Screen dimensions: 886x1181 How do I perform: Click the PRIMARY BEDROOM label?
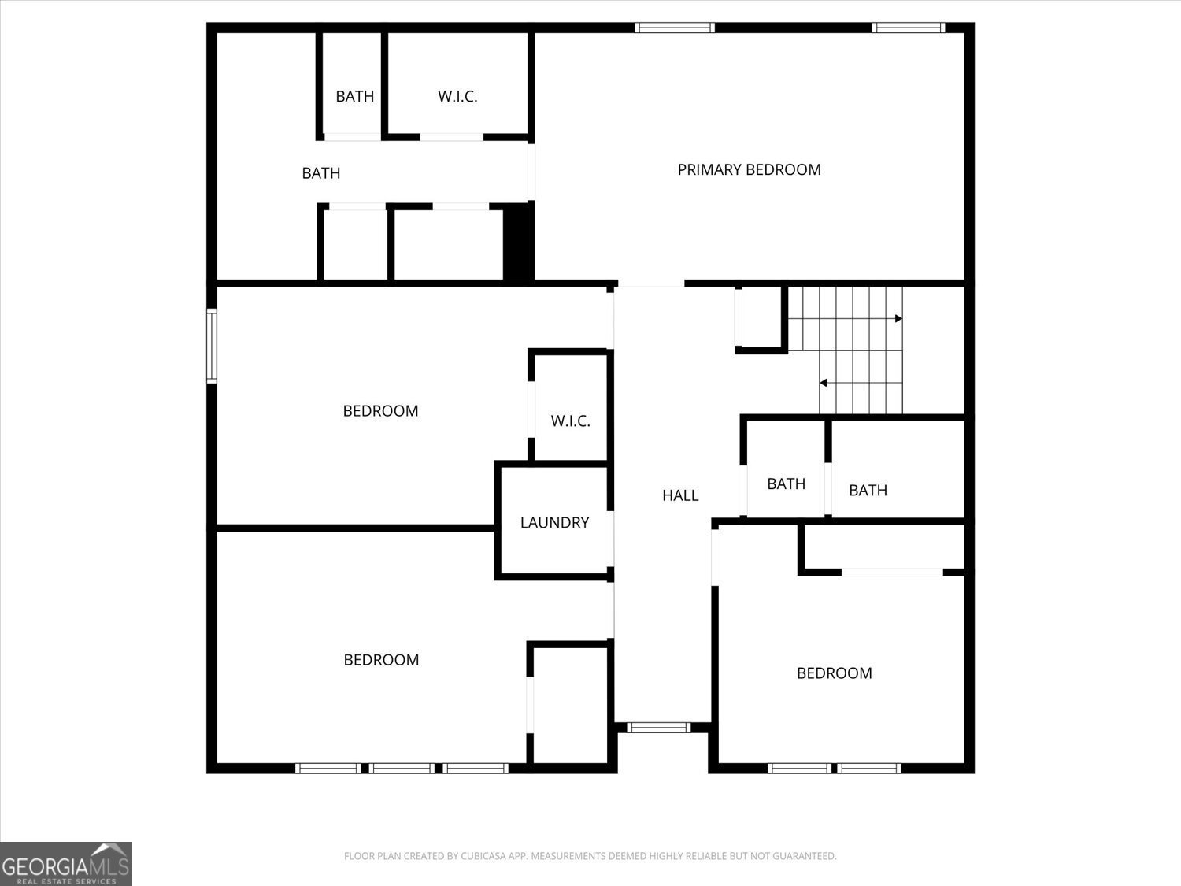[x=749, y=169]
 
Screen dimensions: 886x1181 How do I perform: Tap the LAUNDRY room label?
[x=554, y=522]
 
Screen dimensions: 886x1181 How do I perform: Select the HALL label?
[x=680, y=495]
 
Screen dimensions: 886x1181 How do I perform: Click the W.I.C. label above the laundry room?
[x=570, y=421]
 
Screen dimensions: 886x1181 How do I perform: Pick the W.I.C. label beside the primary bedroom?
[x=457, y=97]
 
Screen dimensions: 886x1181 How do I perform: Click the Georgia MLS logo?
[x=65, y=864]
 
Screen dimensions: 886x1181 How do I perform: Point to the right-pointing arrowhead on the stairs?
[x=898, y=318]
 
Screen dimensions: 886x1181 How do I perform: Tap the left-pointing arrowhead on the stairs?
[x=823, y=383]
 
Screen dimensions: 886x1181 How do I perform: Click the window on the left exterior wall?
[x=211, y=346]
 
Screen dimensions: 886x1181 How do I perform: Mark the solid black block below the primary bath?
[x=518, y=242]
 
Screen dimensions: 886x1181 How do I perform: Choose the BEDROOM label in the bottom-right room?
[x=834, y=673]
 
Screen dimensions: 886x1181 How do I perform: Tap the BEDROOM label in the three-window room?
[x=381, y=660]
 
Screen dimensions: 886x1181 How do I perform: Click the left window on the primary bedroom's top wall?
[x=675, y=28]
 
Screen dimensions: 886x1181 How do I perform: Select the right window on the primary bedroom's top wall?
[x=908, y=28]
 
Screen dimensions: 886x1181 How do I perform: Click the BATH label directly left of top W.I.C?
[x=354, y=97]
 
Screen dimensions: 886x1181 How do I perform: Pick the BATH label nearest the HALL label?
[x=786, y=484]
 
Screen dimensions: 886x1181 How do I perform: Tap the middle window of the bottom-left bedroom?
[x=402, y=768]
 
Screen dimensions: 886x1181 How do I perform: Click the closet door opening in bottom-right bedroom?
[x=892, y=573]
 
